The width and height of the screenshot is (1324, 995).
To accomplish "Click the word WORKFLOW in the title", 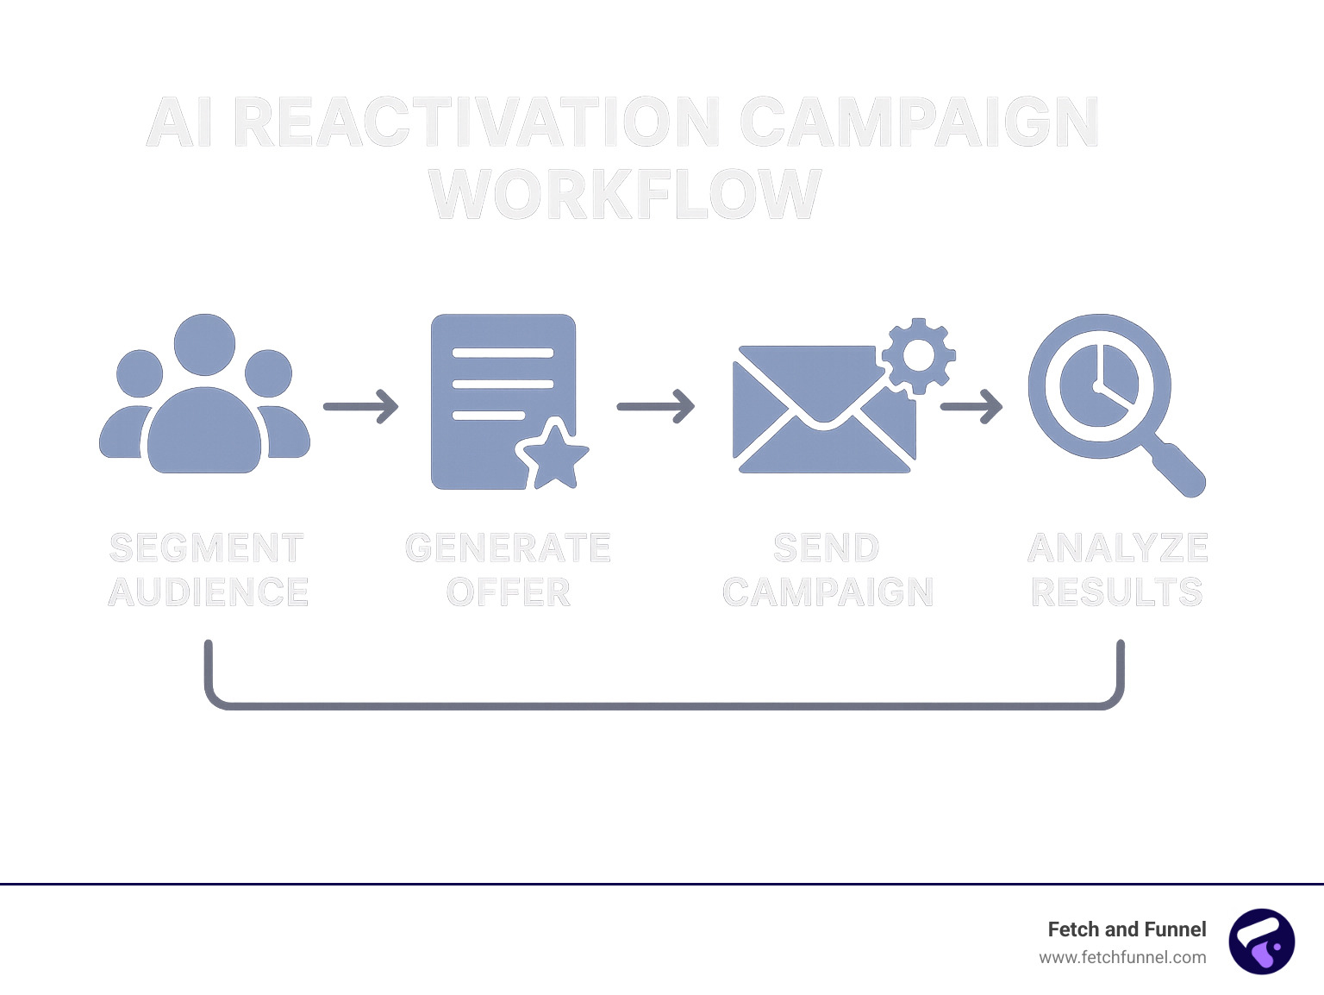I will (625, 194).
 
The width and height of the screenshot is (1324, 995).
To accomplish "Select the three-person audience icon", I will (204, 397).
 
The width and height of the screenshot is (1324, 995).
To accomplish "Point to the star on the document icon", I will (553, 457).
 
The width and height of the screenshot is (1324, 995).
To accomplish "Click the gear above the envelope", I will (918, 355).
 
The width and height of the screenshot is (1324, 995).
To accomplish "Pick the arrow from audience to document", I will (361, 406).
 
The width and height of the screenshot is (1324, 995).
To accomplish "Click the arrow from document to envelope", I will (656, 406).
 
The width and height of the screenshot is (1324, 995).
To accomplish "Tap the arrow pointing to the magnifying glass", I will (971, 406).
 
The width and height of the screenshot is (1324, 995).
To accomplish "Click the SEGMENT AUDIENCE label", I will (208, 570).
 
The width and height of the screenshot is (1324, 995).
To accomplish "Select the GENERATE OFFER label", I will (508, 570).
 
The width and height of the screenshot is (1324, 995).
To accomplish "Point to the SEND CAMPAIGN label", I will (827, 570).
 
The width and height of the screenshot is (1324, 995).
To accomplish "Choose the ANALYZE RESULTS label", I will (1118, 570).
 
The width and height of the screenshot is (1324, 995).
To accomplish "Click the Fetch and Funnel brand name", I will (1127, 929).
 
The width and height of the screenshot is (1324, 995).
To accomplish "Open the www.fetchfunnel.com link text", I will (1122, 957).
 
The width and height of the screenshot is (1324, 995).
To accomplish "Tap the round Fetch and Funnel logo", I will (1261, 942).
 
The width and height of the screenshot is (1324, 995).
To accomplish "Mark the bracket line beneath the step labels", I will (664, 705).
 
